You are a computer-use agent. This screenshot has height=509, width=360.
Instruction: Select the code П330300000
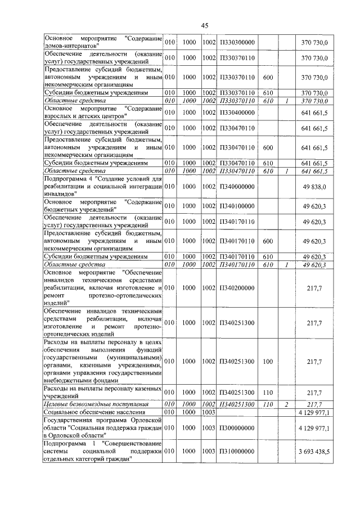pos(238,42)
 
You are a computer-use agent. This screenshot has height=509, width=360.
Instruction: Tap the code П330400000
pos(238,112)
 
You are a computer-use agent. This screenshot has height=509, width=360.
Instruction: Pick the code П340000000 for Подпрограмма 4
pos(238,186)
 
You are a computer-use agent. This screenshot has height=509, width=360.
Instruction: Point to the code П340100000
pos(238,205)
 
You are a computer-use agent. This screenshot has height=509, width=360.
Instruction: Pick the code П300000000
pos(238,428)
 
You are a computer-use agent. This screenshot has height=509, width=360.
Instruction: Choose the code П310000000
pos(238,451)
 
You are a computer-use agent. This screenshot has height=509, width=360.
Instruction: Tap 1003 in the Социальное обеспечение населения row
pos(209,412)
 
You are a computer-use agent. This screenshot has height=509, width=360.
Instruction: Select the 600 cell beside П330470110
pos(268,148)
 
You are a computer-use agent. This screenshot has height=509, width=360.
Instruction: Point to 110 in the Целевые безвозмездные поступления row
pos(268,404)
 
